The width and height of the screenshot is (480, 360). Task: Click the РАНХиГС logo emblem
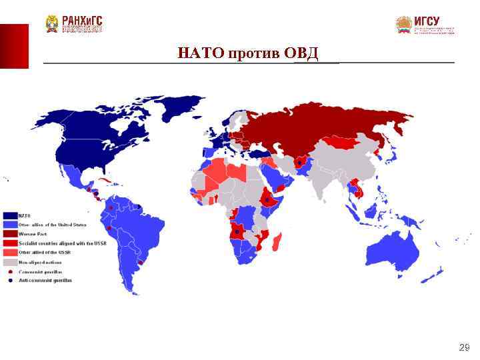pos(52,24)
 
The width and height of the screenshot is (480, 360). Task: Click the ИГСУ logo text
pos(427,21)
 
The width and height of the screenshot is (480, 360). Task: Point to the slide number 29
pos(465,347)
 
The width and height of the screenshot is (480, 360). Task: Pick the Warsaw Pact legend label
pos(33,234)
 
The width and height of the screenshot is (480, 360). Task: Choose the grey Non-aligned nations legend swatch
pos(10,263)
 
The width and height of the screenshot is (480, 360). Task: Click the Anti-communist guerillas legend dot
pos(10,281)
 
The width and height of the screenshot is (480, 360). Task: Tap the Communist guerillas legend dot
pos(10,272)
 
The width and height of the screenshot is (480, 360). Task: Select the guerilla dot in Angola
pos(237,231)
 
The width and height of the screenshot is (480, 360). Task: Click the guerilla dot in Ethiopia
pos(267,199)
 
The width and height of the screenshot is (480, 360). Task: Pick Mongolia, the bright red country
pos(347,142)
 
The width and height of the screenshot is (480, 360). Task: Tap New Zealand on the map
pos(436,273)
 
